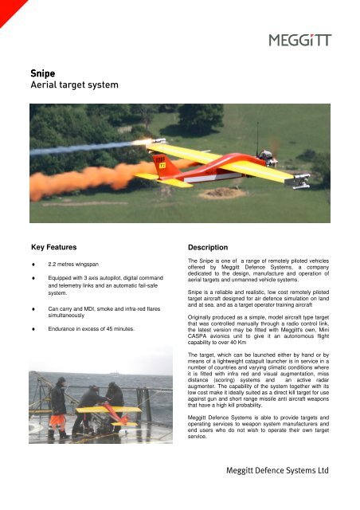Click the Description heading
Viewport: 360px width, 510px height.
coord(209,248)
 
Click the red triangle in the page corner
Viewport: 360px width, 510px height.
coord(7,7)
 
